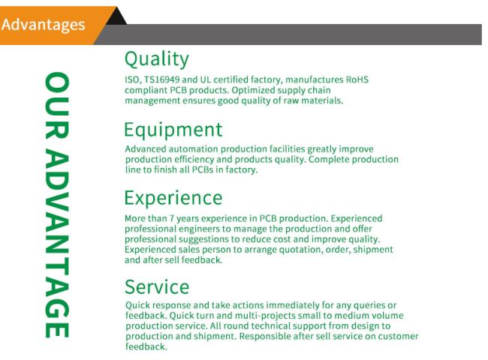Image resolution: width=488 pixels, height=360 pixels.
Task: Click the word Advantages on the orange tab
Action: pos(43,25)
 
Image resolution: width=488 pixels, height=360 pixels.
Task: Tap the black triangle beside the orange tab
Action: pos(117,17)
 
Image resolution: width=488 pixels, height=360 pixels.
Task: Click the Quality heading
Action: pos(157,59)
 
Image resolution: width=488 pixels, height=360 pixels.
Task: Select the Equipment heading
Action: pos(173,130)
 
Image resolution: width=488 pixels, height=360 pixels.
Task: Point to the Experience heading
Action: pos(173,198)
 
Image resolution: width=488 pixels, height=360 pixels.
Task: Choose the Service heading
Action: pos(157,286)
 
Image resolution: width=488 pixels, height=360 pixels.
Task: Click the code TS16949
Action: pos(162,79)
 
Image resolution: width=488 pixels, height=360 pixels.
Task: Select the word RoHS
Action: pos(357,79)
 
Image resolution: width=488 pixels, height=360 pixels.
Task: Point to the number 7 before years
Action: pos(171,218)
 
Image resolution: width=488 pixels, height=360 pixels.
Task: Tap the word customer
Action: pos(398,336)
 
